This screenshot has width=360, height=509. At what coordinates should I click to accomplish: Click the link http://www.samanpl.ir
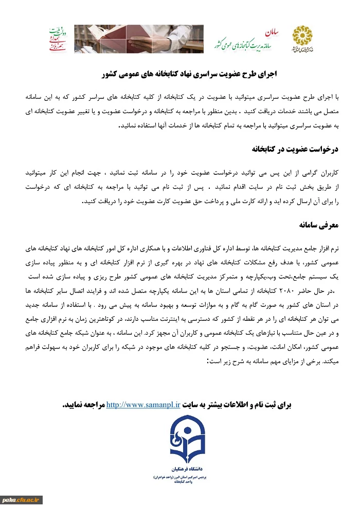(136, 405)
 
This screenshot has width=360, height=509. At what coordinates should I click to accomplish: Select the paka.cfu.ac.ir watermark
(22, 499)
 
